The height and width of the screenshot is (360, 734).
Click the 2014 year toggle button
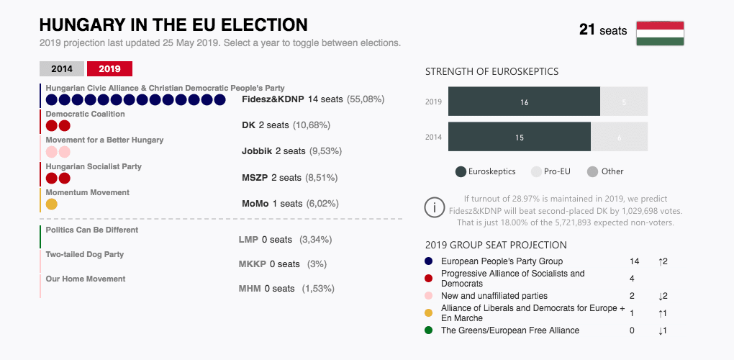[x=62, y=69]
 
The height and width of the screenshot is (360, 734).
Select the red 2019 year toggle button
[x=109, y=69]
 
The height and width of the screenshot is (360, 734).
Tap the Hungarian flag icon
[x=660, y=33]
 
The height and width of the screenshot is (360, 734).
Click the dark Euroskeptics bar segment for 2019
[x=524, y=102]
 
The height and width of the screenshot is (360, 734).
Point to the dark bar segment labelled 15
[x=519, y=137]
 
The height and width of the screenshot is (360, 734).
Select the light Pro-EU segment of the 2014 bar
[x=619, y=137]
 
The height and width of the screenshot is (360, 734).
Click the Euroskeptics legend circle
[x=461, y=171]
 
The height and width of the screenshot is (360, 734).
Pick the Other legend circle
[x=593, y=171]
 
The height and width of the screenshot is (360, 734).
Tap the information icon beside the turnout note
[x=435, y=207]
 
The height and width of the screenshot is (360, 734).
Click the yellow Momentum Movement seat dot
[x=51, y=204]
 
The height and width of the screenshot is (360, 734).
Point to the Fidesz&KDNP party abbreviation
[x=273, y=99]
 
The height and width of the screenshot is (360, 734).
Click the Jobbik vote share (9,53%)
[x=325, y=151]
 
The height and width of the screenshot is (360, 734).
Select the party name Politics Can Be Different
[x=92, y=230]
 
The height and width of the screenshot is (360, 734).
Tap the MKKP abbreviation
[x=253, y=264]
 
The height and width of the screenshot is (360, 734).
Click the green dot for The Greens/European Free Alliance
[x=429, y=330]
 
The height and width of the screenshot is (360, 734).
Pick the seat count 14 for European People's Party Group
[x=634, y=261]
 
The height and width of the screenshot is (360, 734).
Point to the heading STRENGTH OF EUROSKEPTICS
[x=491, y=71]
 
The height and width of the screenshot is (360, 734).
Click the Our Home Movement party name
[x=86, y=279]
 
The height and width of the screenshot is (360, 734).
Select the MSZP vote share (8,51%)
[x=322, y=177]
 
